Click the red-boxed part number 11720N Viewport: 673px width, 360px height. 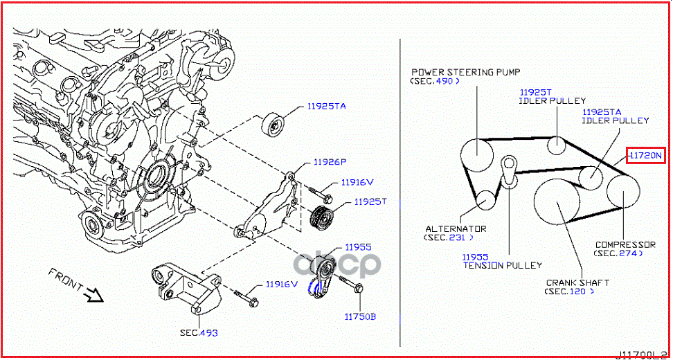coord(645,156)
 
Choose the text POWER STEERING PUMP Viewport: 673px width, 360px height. coord(465,72)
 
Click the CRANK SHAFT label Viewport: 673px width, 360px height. coord(577,282)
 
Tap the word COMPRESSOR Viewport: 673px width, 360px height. coord(625,244)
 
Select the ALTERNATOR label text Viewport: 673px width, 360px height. coord(456,228)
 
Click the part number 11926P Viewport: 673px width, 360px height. coord(329,163)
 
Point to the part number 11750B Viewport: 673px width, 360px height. coord(360,316)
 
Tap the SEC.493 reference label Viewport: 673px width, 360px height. coord(199,333)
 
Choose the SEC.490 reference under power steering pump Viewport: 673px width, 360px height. coord(435,82)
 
